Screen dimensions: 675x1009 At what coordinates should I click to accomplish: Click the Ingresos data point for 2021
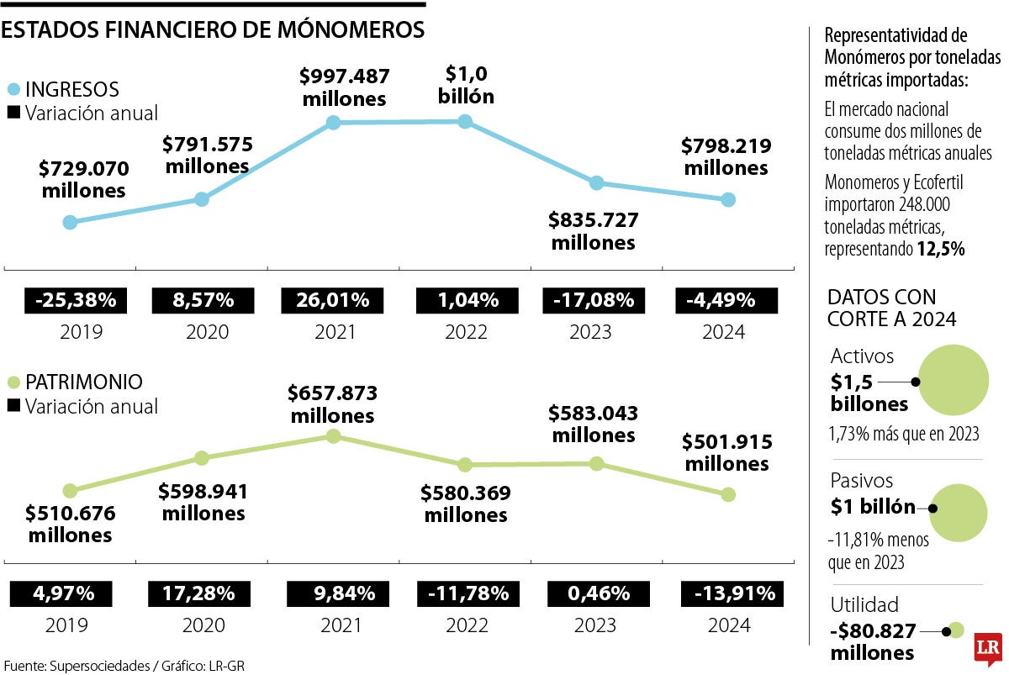coord(333,123)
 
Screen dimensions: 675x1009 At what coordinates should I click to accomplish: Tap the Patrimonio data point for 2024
coord(728,495)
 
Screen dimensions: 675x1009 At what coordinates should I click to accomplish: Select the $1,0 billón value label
coord(464,86)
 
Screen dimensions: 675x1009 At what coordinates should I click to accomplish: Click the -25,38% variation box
coord(81,300)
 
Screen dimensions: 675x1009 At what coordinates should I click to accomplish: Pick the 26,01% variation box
coord(335,300)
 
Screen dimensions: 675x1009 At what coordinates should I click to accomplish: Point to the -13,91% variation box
coord(728,593)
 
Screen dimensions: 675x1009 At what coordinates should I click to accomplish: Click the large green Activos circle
coord(954,381)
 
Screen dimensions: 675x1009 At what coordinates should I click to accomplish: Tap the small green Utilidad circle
coord(955,630)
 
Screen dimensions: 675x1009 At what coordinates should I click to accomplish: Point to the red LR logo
coord(989,648)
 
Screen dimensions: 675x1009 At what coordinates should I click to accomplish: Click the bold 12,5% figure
coord(941,250)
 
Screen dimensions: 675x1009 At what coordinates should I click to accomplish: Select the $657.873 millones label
coord(332,404)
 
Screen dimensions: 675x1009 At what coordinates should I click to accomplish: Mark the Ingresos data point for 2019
coord(71,222)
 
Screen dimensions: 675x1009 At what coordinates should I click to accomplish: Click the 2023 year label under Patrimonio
coord(594,625)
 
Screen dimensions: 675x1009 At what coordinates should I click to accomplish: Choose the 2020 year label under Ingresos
coord(207,332)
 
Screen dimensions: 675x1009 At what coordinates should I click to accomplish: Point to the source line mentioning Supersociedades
coord(124,665)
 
